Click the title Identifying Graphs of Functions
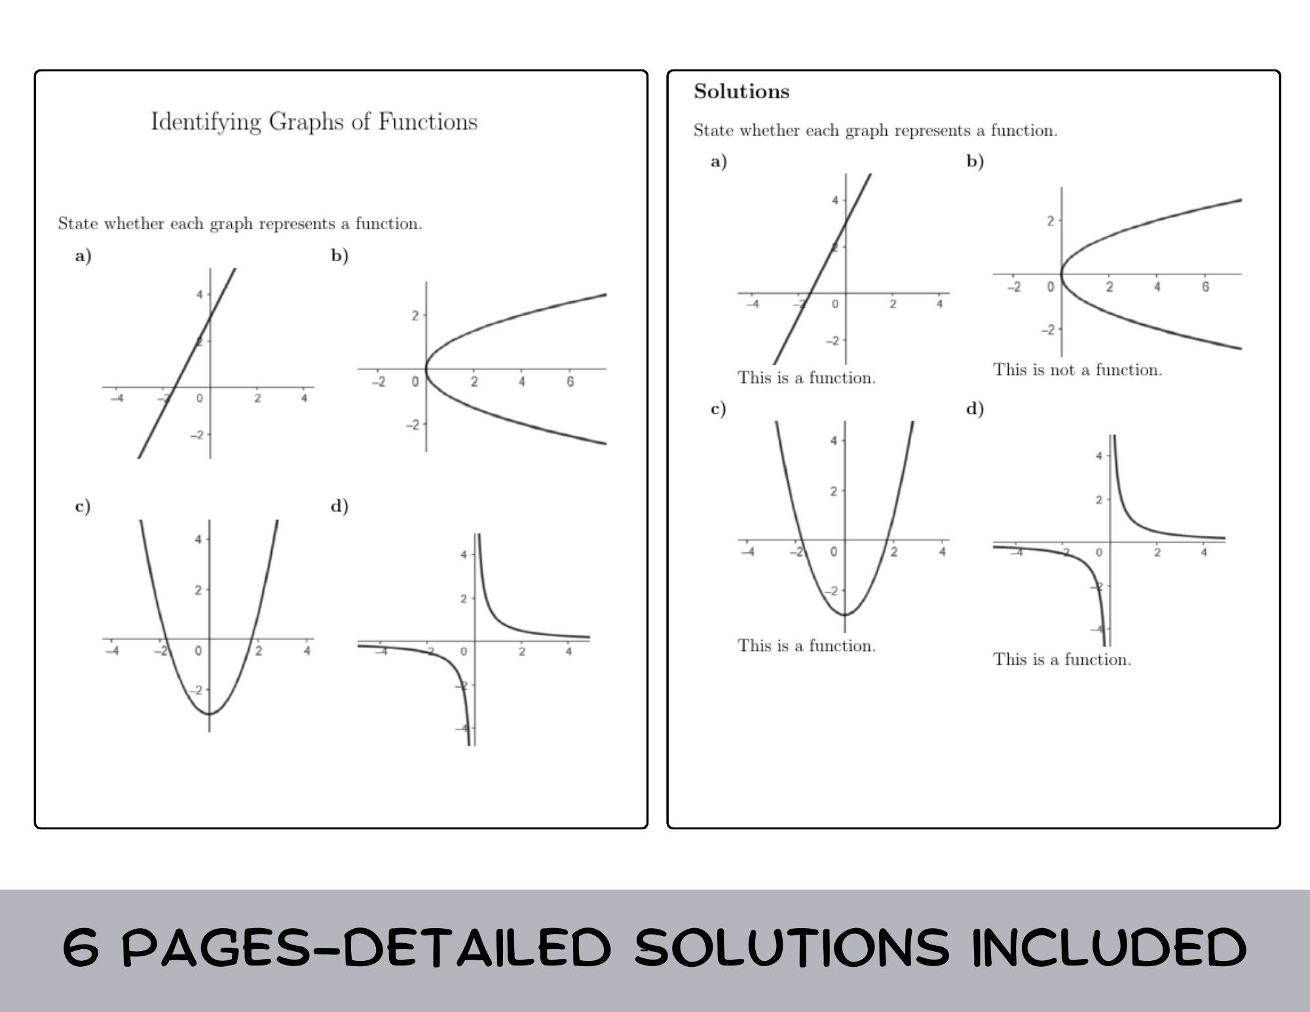pos(314,122)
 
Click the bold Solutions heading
pos(741,92)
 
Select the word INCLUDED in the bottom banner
pos(1108,948)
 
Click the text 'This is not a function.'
pos(1077,370)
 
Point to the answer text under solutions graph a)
pos(806,378)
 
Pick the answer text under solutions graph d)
pos(1062,660)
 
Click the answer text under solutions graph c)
pos(806,646)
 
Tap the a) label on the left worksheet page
pos(83,255)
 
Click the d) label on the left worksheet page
pos(339,506)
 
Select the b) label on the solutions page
pos(975,161)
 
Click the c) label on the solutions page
pos(718,409)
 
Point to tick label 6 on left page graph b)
pos(570,382)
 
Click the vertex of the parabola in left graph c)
pos(210,713)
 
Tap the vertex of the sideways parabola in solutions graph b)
pos(1062,274)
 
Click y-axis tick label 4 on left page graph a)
pos(200,295)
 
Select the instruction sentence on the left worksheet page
pos(240,224)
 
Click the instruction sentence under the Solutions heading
pos(875,131)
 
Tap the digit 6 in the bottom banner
pos(81,948)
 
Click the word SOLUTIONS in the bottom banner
pos(791,948)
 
